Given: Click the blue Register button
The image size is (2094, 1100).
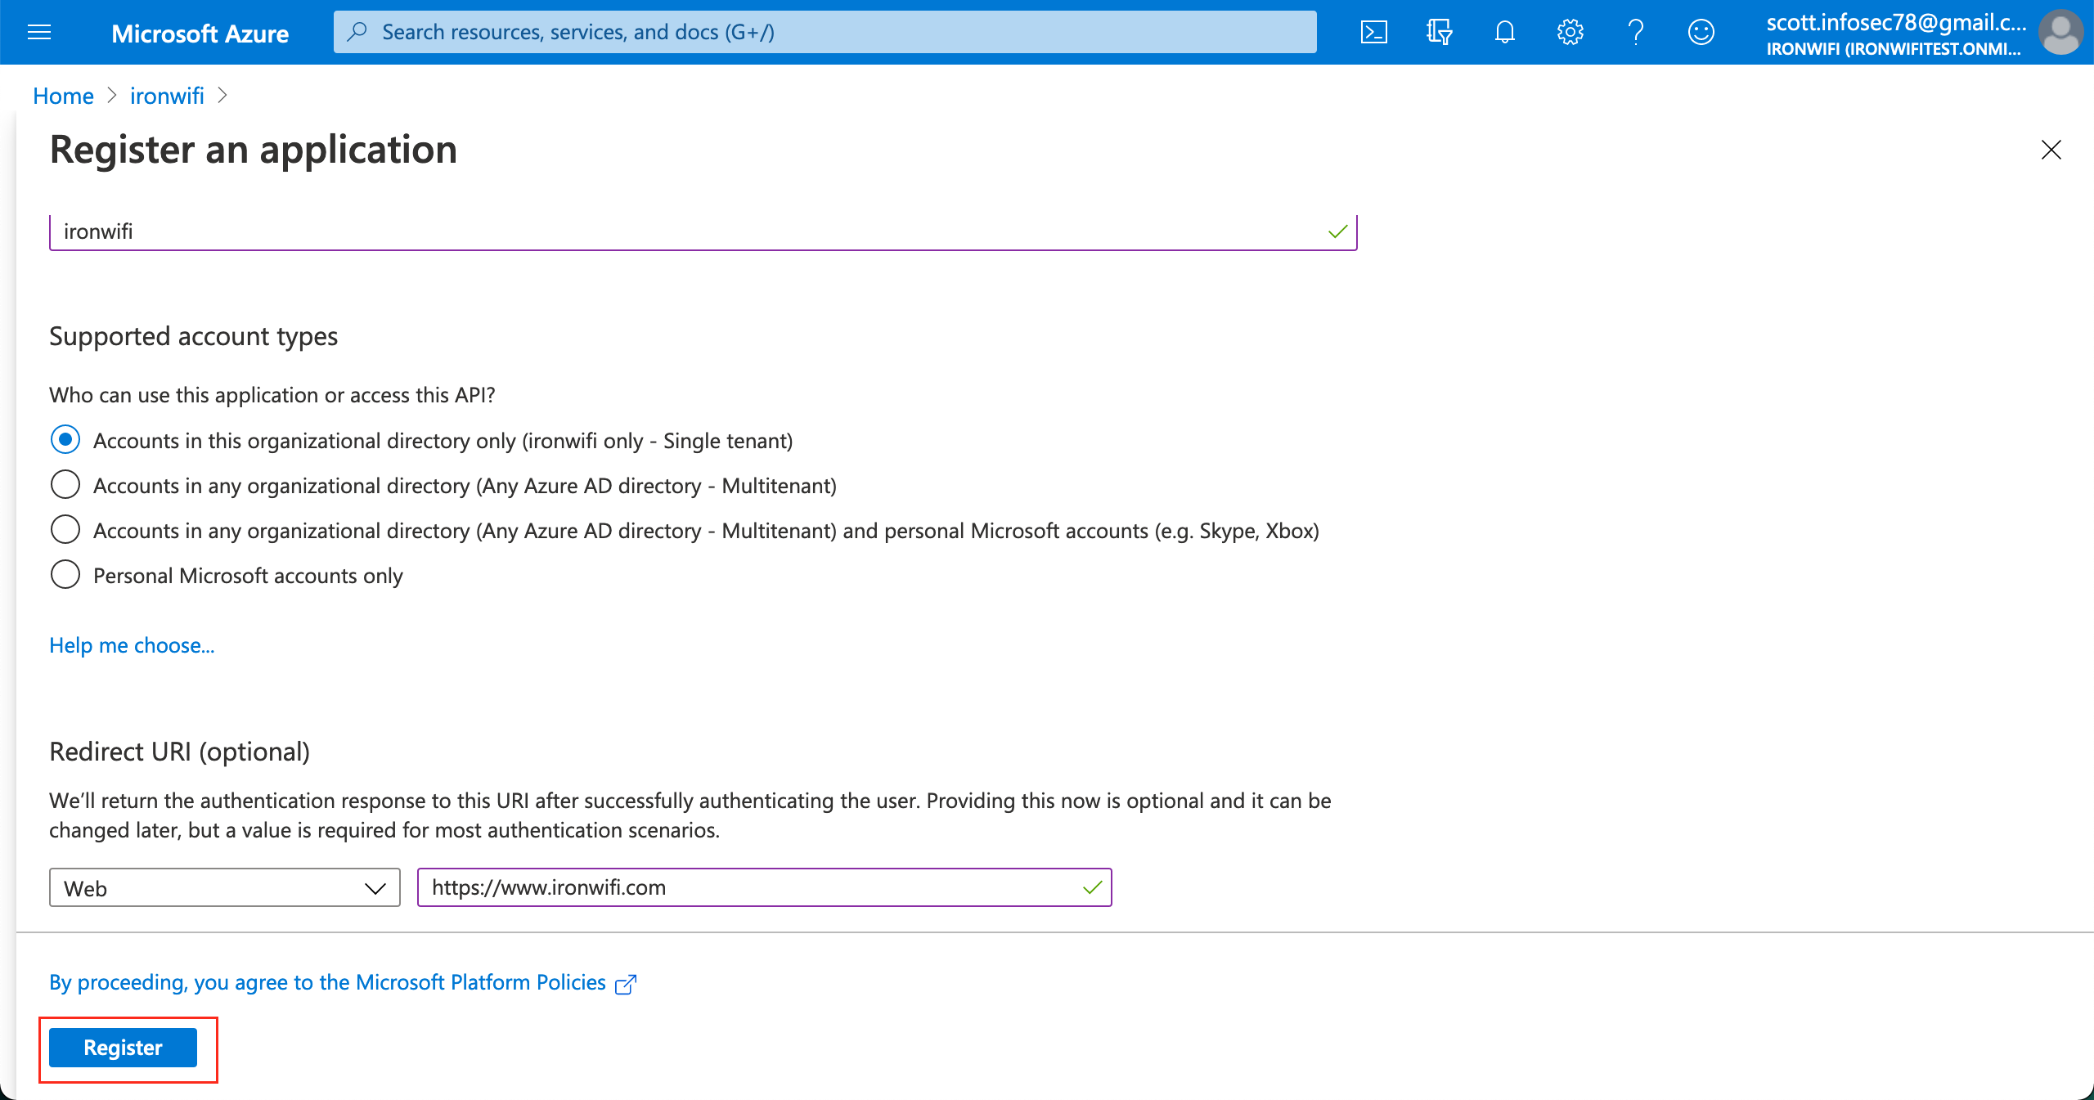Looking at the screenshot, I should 123,1048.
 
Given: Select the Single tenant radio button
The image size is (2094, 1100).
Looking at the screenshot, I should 65,440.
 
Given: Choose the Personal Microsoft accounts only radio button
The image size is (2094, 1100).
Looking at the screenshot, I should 65,575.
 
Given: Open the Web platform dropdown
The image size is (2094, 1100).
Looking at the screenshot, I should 224,888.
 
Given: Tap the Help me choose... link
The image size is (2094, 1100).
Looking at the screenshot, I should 132,645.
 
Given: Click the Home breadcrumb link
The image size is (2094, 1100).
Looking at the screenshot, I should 63,97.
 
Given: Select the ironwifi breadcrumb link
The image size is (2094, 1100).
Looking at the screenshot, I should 167,97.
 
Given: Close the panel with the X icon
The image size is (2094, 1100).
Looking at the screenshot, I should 2051,150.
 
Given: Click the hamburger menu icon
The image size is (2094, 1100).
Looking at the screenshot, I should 39,33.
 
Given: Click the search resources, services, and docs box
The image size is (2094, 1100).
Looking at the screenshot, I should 825,33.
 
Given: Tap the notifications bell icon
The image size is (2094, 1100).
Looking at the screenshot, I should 1504,33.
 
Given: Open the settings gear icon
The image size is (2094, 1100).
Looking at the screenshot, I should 1570,33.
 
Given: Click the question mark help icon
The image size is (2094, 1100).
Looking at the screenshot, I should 1635,33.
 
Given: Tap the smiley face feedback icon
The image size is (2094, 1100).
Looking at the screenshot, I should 1701,33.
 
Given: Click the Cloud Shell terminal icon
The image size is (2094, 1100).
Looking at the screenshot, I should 1373,33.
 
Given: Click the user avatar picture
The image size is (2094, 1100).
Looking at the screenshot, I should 2060,33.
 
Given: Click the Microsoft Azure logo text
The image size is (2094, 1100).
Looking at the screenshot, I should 200,34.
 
